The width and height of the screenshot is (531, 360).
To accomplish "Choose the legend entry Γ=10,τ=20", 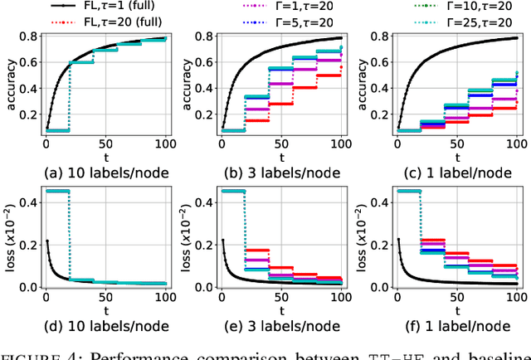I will tap(468, 7).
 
